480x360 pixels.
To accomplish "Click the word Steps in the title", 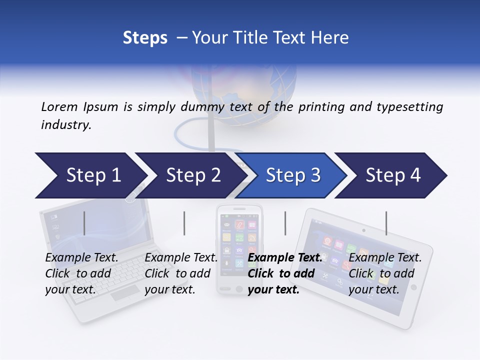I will (x=145, y=38).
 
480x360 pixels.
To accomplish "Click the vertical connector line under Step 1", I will (x=84, y=223).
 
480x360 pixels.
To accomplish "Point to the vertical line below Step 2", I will (x=184, y=223).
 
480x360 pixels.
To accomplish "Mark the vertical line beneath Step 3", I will (x=285, y=223).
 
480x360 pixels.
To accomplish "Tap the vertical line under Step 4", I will (x=386, y=223).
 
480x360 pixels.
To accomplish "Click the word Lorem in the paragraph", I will (x=59, y=106).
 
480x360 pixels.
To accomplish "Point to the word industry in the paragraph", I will (x=66, y=124).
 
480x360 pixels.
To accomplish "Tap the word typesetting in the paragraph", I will (x=413, y=107).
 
